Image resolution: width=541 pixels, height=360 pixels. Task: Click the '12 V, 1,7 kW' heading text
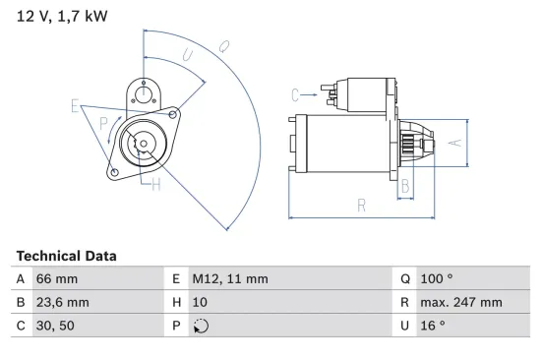coord(62,17)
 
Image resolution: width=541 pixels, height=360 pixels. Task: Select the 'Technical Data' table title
coord(66,256)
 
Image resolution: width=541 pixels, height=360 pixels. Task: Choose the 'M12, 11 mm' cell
coord(229,279)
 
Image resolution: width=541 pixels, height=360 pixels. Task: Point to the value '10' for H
coord(200,302)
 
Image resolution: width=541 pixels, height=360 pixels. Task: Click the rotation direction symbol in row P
coord(202,326)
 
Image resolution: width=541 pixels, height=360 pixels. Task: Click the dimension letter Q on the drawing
coord(224,45)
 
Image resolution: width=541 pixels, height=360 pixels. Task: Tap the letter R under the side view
coord(362,205)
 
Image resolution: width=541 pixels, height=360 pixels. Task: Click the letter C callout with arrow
coord(294,94)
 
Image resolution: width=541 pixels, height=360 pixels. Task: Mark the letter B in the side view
coord(404,185)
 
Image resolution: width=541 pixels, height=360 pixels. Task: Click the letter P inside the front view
coord(104,122)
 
